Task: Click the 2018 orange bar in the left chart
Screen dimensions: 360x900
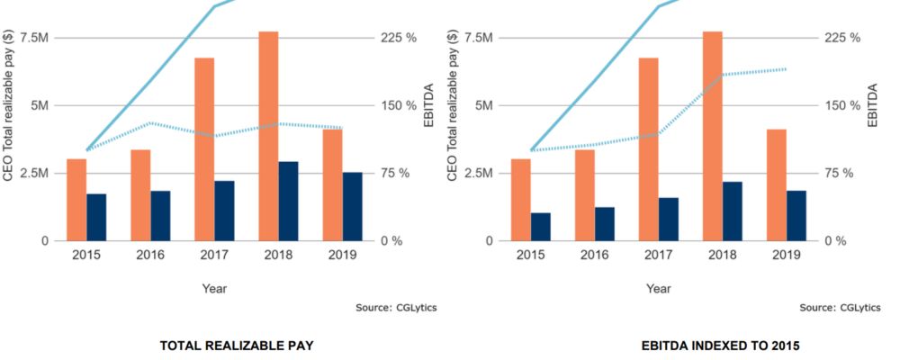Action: tap(268, 135)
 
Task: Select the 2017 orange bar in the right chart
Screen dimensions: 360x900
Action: tap(648, 148)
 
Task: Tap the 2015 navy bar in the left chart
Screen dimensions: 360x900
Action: tap(96, 217)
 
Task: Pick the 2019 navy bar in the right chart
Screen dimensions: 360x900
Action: tap(796, 215)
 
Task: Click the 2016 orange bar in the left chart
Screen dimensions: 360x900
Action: tap(140, 194)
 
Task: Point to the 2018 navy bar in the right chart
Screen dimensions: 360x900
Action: tap(733, 211)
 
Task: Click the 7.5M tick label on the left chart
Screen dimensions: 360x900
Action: tap(34, 38)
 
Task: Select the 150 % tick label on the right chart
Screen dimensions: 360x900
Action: tap(842, 105)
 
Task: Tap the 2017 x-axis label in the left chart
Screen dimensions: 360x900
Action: tap(214, 256)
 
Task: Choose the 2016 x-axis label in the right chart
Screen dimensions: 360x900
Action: tap(595, 256)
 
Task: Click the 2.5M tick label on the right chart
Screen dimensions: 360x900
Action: tap(479, 173)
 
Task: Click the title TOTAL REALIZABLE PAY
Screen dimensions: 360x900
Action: tap(236, 346)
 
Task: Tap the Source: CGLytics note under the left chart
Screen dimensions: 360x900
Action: tap(397, 308)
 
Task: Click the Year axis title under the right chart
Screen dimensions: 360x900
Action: tap(659, 289)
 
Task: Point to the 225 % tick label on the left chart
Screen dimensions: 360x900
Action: tap(398, 38)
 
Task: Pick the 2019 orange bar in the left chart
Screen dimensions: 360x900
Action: tap(332, 184)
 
